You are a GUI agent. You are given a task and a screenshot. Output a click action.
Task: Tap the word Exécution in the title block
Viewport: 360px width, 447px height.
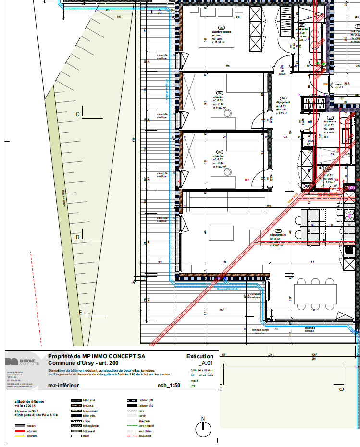pos(199,356)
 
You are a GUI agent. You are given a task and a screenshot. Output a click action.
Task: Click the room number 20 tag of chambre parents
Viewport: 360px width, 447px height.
pos(222,28)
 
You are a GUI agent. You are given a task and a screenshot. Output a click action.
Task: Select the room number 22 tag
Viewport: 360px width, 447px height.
pos(220,93)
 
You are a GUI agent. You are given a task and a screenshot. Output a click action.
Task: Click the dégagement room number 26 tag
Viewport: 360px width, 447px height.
pos(283,98)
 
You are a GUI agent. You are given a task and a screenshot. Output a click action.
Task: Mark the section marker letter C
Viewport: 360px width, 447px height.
pos(77,114)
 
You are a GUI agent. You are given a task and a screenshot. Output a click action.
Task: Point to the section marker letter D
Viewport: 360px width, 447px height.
pos(77,237)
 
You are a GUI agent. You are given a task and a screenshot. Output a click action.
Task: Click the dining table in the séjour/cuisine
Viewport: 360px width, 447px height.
pos(315,294)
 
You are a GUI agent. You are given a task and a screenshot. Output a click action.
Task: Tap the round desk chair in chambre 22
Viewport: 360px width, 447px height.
pos(227,113)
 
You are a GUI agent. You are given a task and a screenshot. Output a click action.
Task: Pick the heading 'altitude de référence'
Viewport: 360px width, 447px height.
pos(29,401)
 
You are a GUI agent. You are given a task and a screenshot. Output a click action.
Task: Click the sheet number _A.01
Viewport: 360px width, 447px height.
pos(205,363)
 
